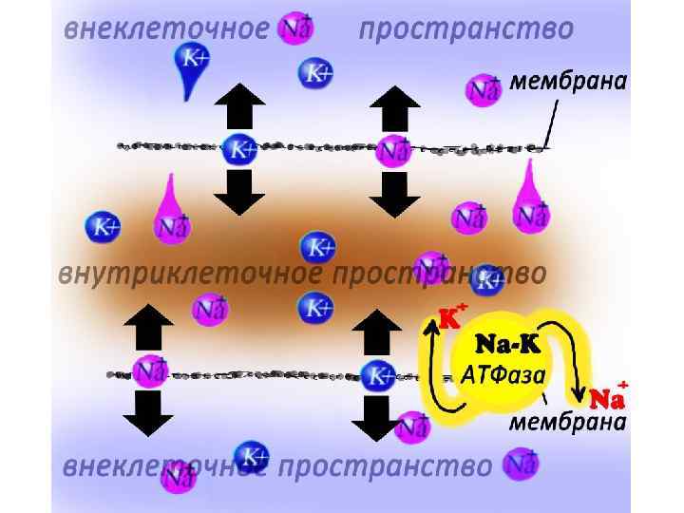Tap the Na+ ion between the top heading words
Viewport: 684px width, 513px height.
pyautogui.click(x=296, y=28)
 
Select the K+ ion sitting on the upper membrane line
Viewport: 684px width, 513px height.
pyautogui.click(x=238, y=149)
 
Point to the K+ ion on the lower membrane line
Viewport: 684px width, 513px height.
pyautogui.click(x=379, y=374)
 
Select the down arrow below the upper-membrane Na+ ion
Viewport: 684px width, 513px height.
pyautogui.click(x=393, y=194)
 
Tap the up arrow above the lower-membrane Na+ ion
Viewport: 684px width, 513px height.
pyautogui.click(x=147, y=328)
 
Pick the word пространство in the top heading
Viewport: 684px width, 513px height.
pyautogui.click(x=465, y=29)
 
